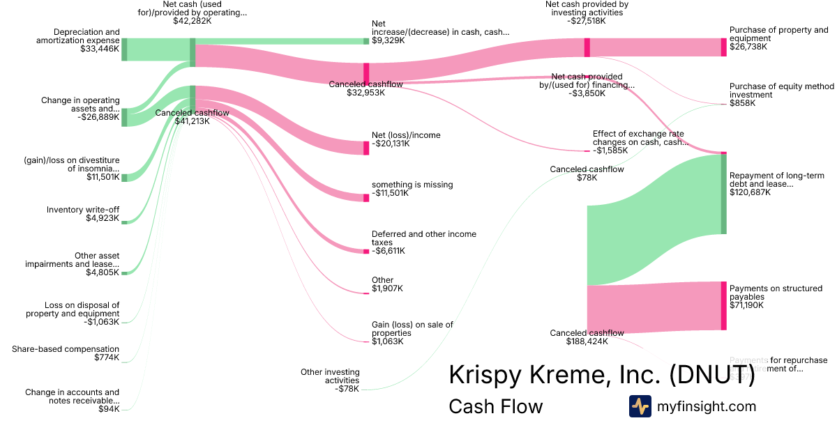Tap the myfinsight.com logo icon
click(640, 406)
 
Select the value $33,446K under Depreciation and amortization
click(100, 49)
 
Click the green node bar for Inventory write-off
click(124, 219)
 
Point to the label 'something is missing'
click(412, 185)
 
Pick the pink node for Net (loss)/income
click(366, 148)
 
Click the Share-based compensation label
click(66, 349)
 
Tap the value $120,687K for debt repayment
click(750, 193)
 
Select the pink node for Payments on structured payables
click(724, 305)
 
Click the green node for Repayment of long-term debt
click(724, 194)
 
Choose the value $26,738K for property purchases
click(748, 47)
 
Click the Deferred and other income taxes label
click(414, 238)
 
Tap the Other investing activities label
click(330, 376)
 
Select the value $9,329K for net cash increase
click(388, 41)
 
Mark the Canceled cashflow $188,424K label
click(587, 337)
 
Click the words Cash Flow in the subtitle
click(495, 406)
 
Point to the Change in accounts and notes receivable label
click(72, 396)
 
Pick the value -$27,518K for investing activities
click(587, 22)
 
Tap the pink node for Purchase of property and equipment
click(724, 47)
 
